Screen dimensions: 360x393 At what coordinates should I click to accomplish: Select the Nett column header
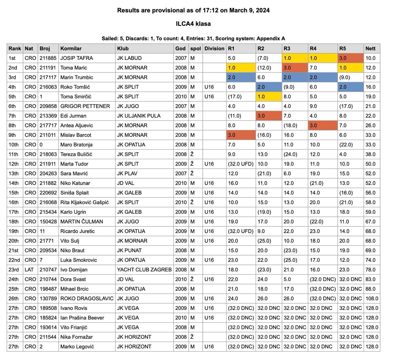(370, 48)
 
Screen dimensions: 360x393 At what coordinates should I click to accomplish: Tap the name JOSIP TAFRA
(77, 58)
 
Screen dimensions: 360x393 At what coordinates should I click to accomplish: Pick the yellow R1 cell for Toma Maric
(241, 68)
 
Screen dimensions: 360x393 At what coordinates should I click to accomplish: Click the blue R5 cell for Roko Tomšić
(350, 87)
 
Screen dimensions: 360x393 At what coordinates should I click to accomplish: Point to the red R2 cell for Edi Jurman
(269, 116)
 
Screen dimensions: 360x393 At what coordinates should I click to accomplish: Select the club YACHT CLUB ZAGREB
(144, 270)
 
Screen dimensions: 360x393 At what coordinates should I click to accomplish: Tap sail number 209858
(48, 106)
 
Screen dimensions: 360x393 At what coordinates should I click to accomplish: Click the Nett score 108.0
(372, 299)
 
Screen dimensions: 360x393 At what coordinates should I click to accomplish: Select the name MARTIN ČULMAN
(82, 222)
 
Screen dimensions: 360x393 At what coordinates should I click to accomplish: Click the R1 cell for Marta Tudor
(241, 164)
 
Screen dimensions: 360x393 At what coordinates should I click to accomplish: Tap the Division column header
(214, 48)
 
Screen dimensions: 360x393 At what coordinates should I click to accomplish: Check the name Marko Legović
(77, 347)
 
